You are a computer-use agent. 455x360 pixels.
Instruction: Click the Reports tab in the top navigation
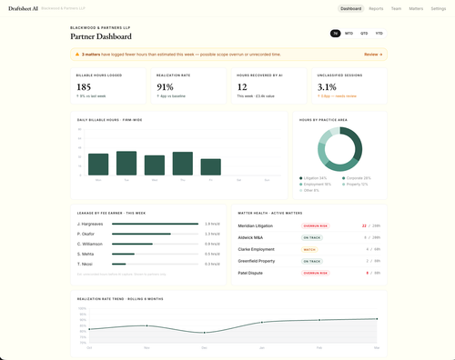pyautogui.click(x=376, y=8)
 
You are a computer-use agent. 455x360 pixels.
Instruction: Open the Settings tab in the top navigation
pyautogui.click(x=438, y=8)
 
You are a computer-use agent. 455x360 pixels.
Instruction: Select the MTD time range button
pyautogui.click(x=349, y=34)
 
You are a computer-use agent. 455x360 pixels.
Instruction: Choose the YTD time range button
pyautogui.click(x=378, y=34)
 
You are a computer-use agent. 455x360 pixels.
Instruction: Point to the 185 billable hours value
pyautogui.click(x=84, y=86)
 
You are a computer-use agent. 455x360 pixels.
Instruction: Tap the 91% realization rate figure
pyautogui.click(x=165, y=86)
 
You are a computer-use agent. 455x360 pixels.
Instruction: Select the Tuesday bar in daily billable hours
pyautogui.click(x=126, y=163)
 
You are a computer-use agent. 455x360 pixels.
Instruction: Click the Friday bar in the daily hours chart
pyautogui.click(x=211, y=167)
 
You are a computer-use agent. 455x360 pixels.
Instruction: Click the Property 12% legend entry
pyautogui.click(x=356, y=184)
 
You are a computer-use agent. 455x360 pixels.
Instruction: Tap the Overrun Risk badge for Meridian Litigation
pyautogui.click(x=316, y=225)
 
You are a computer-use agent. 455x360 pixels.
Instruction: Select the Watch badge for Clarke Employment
pyautogui.click(x=309, y=249)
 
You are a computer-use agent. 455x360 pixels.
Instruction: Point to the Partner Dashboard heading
pyautogui.click(x=101, y=37)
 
